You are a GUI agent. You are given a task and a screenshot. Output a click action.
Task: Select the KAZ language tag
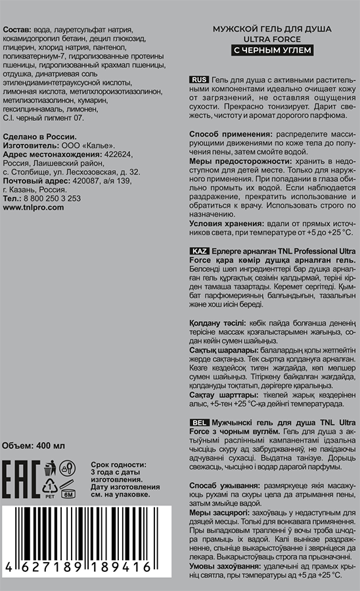pyautogui.click(x=200, y=252)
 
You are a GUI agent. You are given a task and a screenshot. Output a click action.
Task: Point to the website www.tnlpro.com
pyautogui.click(x=34, y=206)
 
